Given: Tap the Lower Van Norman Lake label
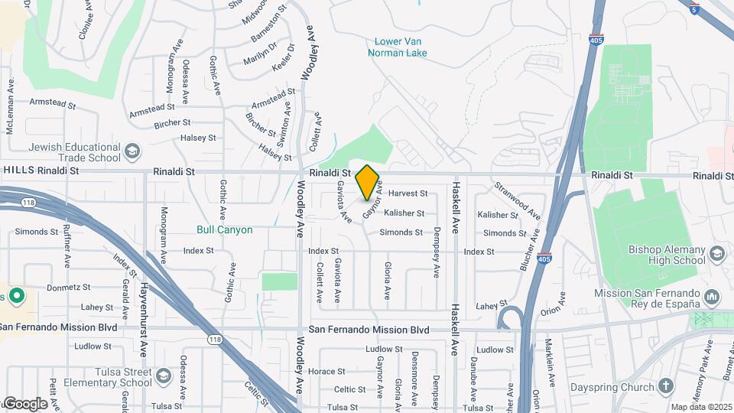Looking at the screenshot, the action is point(397,47).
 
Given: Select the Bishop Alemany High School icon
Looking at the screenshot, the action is point(717,254).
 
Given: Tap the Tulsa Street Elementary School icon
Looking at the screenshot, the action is point(163,376).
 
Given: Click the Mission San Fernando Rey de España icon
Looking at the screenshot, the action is point(713,296).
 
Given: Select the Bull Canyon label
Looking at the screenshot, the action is point(224,229).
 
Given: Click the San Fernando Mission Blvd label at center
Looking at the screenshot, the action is point(369,330).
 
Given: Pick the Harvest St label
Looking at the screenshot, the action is point(408,193).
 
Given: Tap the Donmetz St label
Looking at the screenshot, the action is point(69,288).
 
